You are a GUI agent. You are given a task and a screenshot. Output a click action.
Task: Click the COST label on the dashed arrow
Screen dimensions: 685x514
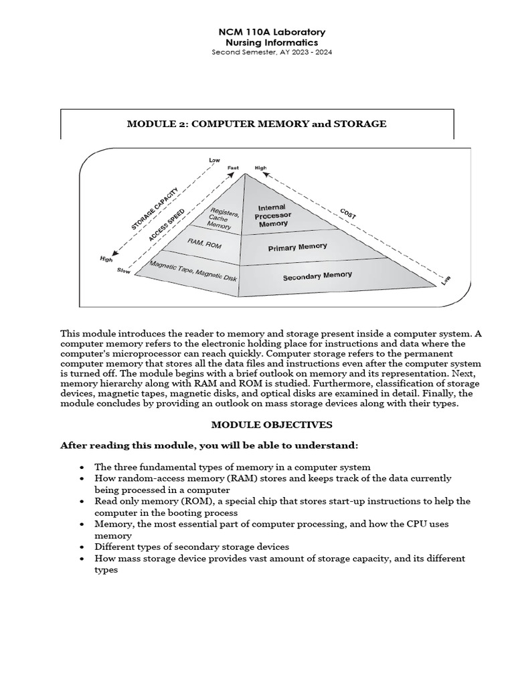pos(347,213)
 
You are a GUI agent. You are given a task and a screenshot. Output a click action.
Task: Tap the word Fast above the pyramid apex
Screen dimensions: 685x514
pos(233,167)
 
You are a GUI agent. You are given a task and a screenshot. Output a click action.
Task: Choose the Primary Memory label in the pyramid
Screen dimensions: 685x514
pos(298,248)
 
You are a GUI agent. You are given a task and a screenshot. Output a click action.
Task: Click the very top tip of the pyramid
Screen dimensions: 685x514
pos(245,174)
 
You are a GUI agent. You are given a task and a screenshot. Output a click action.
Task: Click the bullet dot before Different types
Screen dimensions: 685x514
pos(82,547)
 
